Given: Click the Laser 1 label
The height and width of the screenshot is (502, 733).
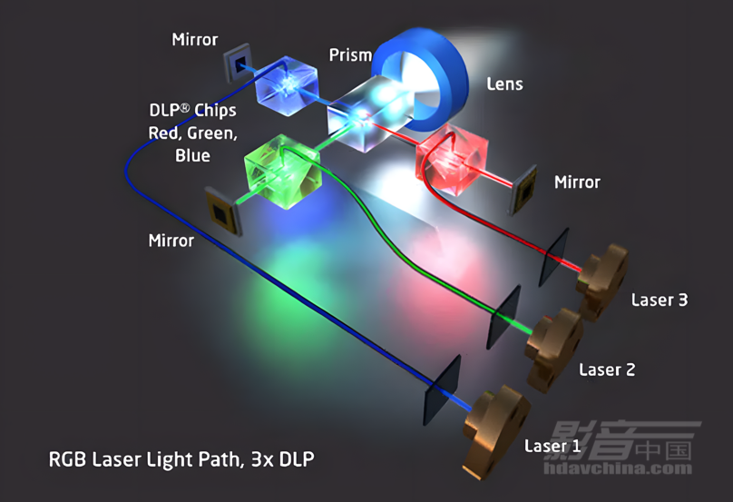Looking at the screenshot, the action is (552, 446).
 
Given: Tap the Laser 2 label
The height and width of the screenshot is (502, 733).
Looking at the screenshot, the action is (607, 369).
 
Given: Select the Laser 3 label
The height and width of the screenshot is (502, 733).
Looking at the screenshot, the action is (660, 300).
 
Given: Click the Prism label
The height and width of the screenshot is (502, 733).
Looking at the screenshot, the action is (350, 54).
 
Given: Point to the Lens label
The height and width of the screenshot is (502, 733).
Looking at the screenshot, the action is (504, 84).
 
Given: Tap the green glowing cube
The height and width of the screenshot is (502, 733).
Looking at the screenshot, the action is (283, 172).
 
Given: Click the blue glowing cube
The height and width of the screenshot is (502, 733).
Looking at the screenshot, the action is (287, 85).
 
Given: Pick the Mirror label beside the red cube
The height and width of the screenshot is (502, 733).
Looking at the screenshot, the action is (577, 182).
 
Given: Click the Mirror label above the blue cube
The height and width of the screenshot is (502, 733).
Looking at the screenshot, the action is (194, 39).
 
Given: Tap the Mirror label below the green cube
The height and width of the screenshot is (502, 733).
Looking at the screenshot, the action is (171, 241).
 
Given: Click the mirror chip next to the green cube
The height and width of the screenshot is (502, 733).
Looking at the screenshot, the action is (223, 212).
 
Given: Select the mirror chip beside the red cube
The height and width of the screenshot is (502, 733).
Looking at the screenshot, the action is (523, 190).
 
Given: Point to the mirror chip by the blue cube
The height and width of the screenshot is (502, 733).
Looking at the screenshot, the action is (238, 64).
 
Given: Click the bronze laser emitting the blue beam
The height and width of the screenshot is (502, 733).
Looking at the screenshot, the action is (496, 432).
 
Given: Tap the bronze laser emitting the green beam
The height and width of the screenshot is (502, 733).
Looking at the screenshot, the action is (554, 349).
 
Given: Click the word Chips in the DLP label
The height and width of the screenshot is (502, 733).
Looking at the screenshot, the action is (215, 111).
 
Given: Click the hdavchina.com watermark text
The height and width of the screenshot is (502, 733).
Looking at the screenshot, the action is (618, 468).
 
